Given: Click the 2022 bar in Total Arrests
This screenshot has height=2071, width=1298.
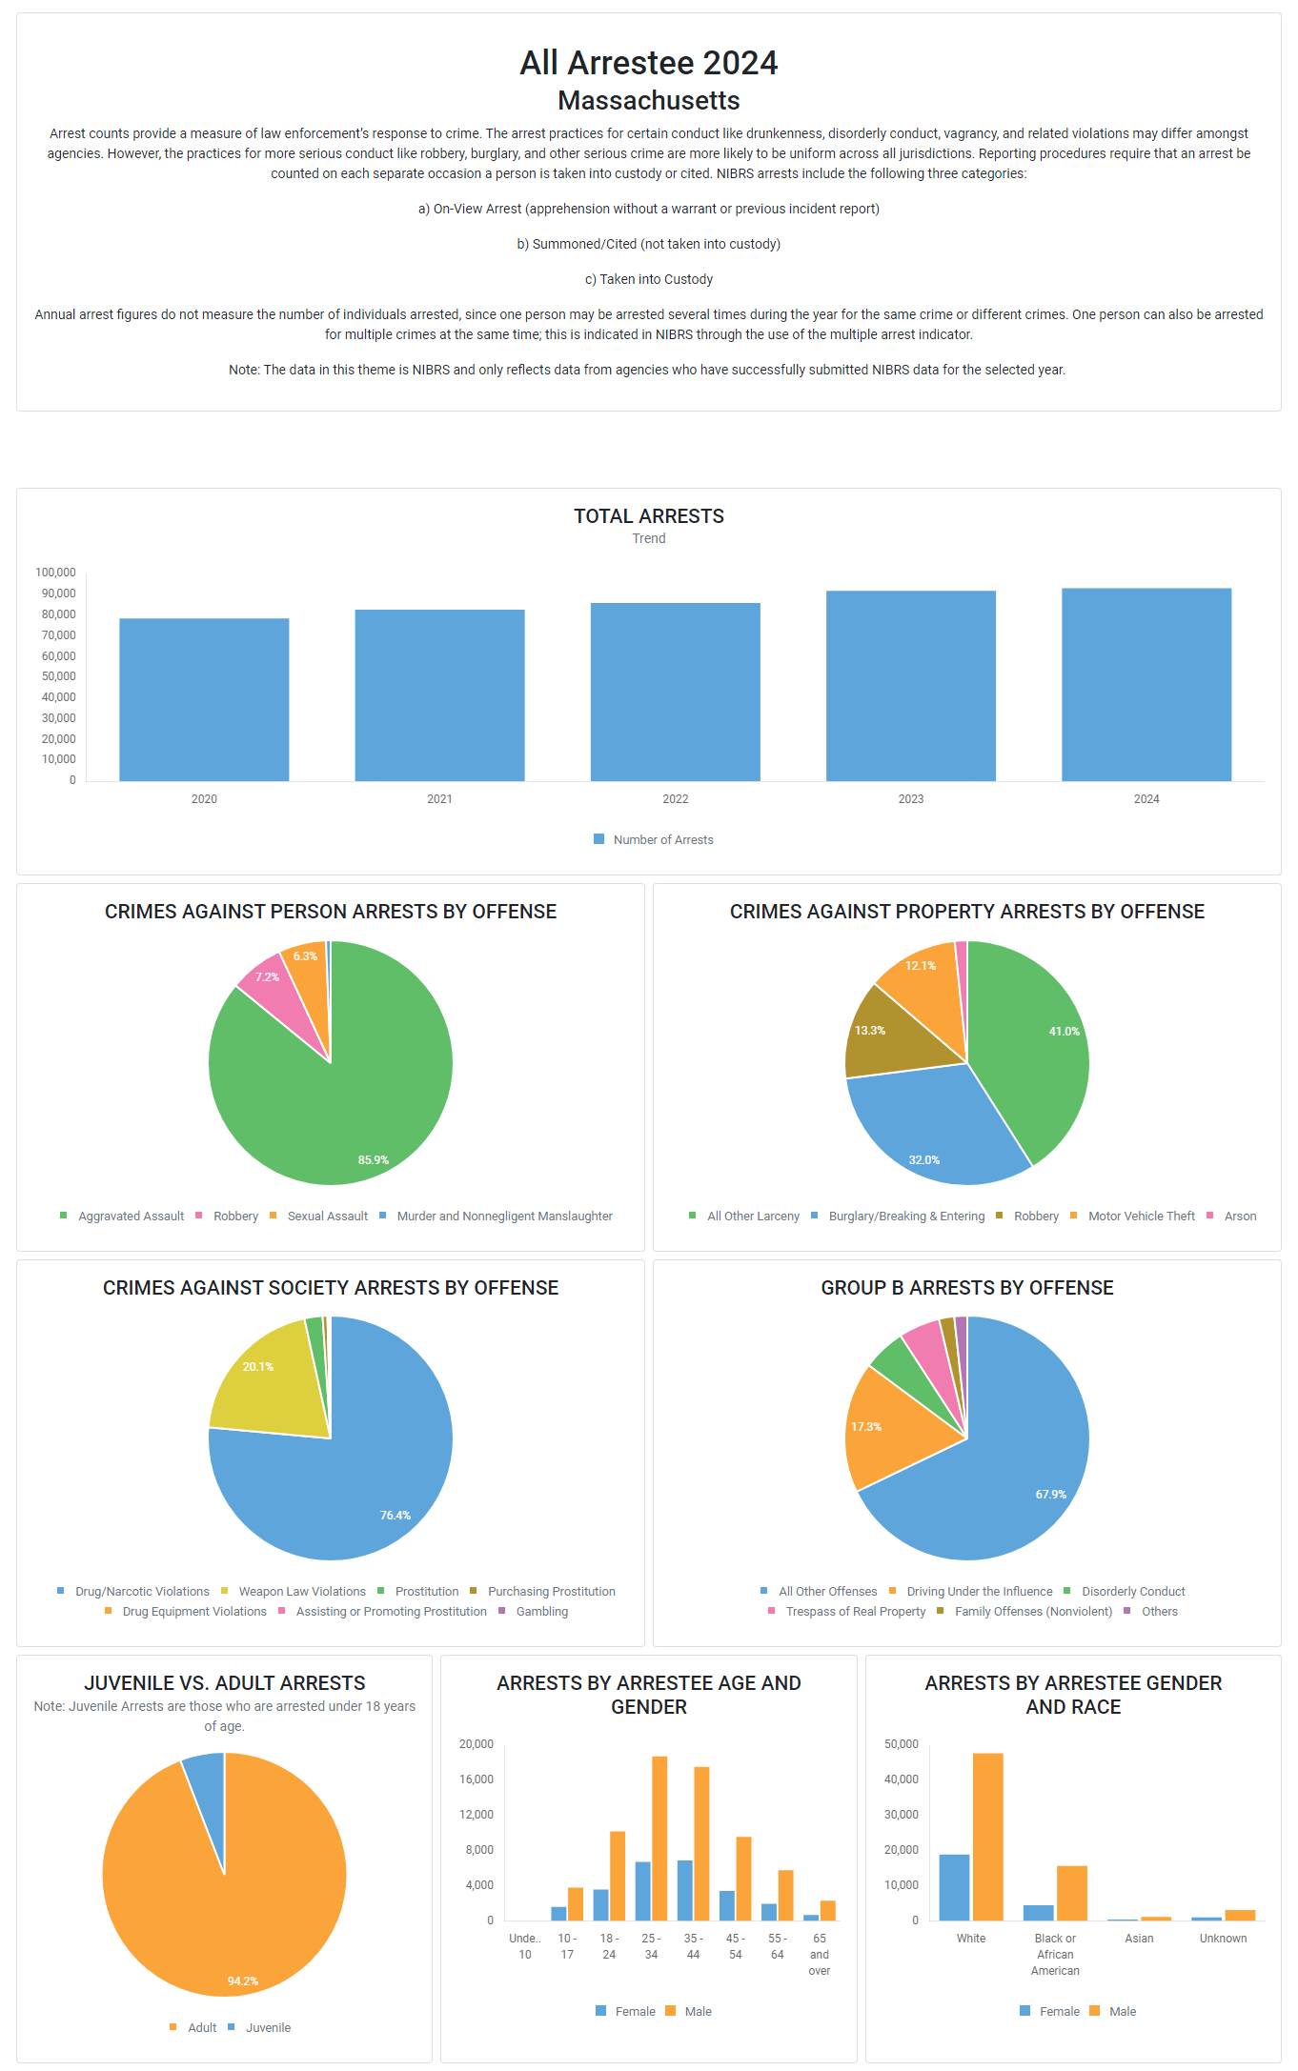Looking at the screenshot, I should [x=675, y=692].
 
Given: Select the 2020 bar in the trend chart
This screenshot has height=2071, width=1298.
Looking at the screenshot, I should [x=204, y=699].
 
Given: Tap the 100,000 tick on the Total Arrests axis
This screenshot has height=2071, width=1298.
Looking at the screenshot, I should [x=55, y=573].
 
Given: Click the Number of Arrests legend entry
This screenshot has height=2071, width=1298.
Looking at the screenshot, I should [x=662, y=840].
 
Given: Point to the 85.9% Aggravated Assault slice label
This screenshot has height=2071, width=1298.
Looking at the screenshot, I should [x=373, y=1160].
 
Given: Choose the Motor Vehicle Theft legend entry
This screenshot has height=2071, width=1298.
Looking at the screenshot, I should [x=1141, y=1216].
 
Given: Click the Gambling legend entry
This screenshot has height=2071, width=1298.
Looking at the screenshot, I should [x=541, y=1612].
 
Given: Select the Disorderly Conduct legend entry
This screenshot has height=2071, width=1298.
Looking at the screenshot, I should [x=1132, y=1592].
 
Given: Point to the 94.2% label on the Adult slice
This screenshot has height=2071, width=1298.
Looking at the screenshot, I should [x=242, y=1981].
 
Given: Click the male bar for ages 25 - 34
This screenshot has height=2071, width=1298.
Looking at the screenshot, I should [x=659, y=1838].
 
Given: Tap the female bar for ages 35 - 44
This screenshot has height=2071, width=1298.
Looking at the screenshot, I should [x=685, y=1890].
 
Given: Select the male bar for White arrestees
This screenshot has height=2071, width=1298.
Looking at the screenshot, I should [x=987, y=1836].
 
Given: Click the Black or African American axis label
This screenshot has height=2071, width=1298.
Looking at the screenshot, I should [x=1055, y=1954].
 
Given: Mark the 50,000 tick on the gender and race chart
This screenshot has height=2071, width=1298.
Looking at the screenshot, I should [x=901, y=1744].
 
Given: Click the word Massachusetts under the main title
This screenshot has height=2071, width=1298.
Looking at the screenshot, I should [x=648, y=101].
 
